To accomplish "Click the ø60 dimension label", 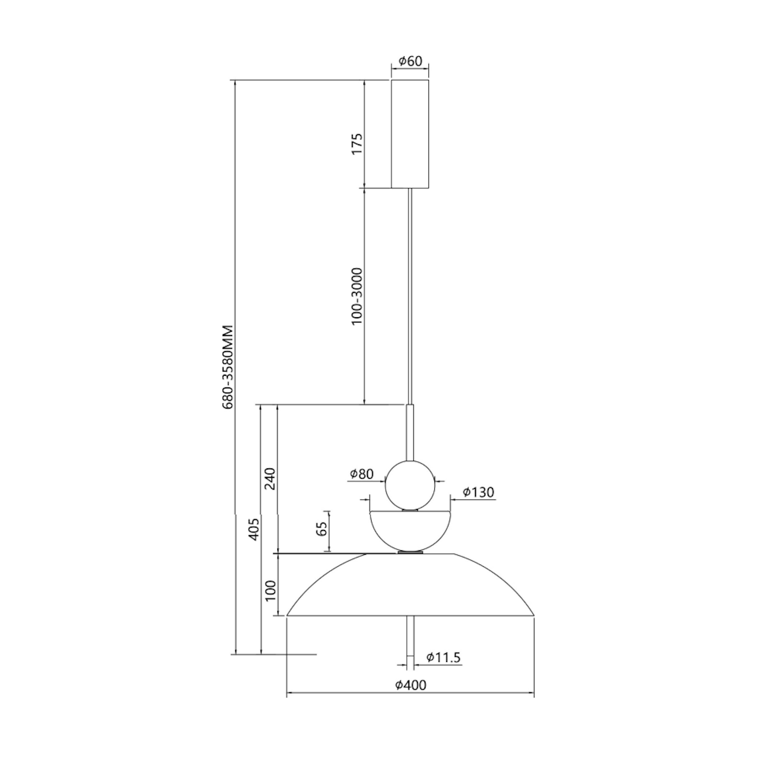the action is pos(410,61).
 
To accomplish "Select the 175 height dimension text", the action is pos(357,144).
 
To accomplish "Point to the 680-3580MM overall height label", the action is pos(228,367).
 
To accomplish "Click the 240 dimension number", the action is pos(270,478).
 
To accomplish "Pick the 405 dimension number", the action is pos(253,529).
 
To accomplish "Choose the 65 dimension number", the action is pos(322,528).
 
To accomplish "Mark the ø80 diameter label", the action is pos(362,474).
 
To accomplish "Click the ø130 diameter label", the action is pos(478,492).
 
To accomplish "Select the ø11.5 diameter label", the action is pos(443,657).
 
